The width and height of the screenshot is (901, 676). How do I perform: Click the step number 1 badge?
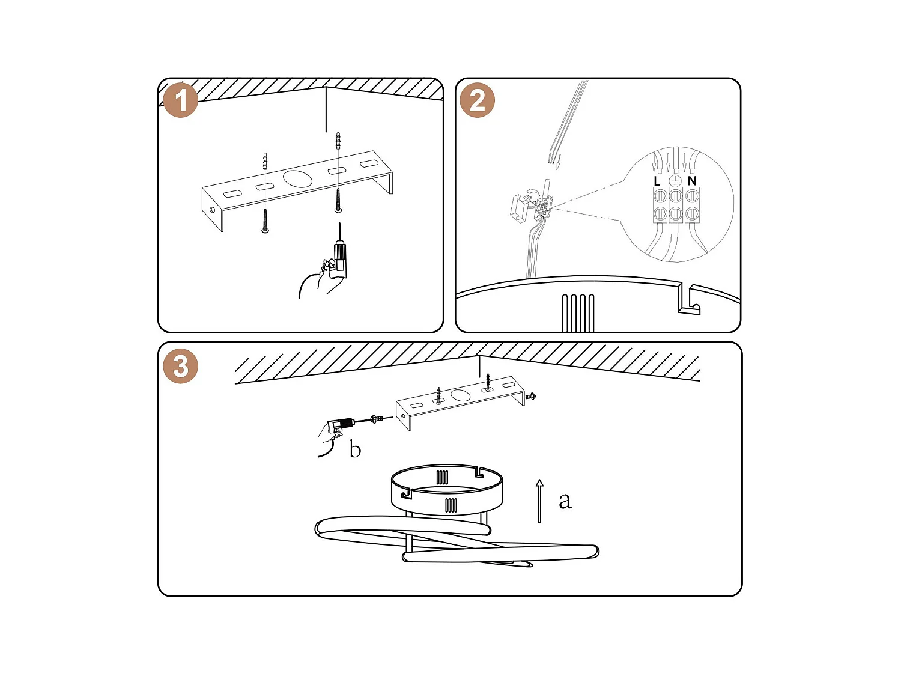[x=181, y=100]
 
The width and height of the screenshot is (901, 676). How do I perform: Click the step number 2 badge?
[x=478, y=100]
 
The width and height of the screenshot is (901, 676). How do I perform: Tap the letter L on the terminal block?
[x=657, y=181]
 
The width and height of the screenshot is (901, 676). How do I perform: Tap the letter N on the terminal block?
[x=692, y=181]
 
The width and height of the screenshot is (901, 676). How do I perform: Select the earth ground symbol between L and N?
[x=675, y=180]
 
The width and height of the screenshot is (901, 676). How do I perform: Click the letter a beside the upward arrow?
[x=565, y=500]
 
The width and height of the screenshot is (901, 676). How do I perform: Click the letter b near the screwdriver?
[x=355, y=449]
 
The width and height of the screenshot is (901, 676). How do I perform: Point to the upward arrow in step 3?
[x=539, y=501]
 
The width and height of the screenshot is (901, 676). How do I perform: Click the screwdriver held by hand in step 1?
[x=340, y=252]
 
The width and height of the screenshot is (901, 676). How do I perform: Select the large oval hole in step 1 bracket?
[x=298, y=178]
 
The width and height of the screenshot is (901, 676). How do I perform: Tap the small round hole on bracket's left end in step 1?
[x=213, y=210]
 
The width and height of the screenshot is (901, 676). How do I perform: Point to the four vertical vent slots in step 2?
[x=578, y=312]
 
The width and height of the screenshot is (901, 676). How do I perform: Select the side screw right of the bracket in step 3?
[x=530, y=396]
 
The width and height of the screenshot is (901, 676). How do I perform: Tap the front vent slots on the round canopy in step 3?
[x=451, y=505]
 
